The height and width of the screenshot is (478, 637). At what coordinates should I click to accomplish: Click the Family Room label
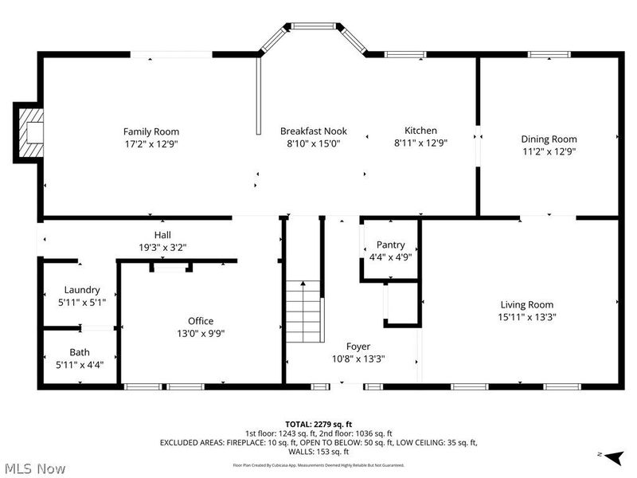tap(150, 131)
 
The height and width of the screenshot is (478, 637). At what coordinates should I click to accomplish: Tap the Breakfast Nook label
tap(313, 131)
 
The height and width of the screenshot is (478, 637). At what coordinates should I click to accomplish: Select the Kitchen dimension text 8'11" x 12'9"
tap(420, 143)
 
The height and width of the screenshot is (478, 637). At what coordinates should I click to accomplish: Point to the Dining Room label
tap(549, 139)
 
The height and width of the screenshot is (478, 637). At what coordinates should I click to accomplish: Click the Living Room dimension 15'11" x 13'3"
tap(526, 316)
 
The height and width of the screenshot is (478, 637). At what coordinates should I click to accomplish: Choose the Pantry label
tap(390, 245)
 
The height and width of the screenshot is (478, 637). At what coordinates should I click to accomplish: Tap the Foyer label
tap(357, 347)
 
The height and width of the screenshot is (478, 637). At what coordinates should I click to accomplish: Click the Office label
tap(201, 321)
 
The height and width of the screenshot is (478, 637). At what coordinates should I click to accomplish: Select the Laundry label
tap(82, 290)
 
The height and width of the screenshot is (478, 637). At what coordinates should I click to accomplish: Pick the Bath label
tap(80, 352)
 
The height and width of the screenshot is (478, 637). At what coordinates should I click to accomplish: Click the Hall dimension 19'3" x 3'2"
tap(162, 248)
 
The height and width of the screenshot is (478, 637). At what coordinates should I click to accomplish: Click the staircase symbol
tap(304, 311)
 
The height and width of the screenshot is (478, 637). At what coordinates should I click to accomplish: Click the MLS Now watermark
tap(34, 468)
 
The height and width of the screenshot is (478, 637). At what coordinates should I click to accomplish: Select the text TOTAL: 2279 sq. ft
tap(318, 424)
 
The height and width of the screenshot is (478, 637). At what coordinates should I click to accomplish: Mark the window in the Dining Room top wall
tap(549, 54)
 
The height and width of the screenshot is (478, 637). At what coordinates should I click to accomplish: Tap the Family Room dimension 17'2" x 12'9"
tap(150, 144)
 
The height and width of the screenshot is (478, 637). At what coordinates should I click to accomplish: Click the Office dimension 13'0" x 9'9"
tap(201, 334)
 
